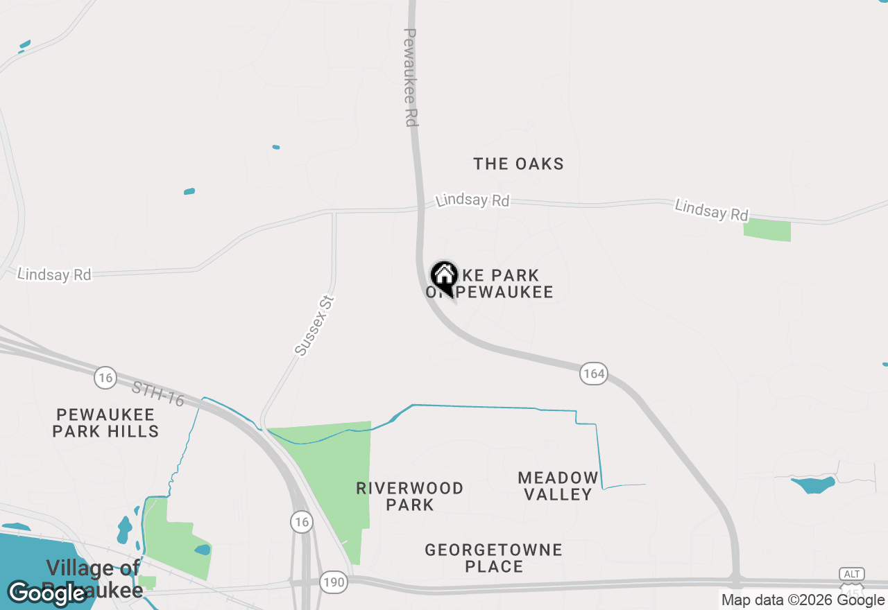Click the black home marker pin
coord(444,277)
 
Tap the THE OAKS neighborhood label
coord(518,164)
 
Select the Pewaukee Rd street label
coord(411,77)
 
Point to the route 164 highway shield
coord(594,374)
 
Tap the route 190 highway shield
coord(334,582)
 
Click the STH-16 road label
coord(158,394)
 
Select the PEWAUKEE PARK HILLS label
coord(107,423)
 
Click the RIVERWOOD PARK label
coord(410,496)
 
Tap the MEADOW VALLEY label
coord(558,485)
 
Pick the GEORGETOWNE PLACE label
coord(494,558)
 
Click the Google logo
coord(46,593)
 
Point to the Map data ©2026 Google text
coord(803,600)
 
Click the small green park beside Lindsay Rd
coord(767,231)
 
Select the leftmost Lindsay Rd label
coord(54,274)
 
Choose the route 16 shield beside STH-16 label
coord(105,377)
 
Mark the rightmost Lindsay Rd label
coord(712,210)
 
